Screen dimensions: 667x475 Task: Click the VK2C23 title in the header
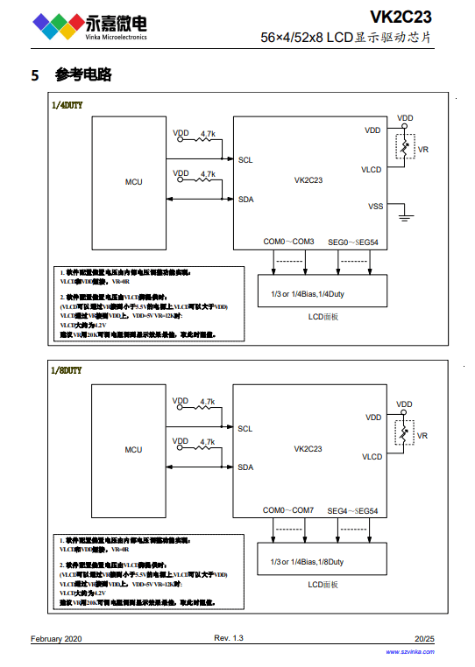[x=401, y=16]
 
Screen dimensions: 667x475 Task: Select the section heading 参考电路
[x=83, y=75]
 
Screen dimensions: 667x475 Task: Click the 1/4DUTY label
[x=67, y=104]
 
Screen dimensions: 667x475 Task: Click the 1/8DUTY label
[x=67, y=371]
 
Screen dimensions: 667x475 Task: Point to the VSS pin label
[x=375, y=206]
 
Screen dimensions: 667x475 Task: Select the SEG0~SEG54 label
[x=353, y=242]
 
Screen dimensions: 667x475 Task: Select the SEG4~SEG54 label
[x=353, y=510]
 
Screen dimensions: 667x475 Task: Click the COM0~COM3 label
[x=288, y=242]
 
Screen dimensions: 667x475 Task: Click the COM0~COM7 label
[x=288, y=510]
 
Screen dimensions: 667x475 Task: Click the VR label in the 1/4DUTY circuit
[x=422, y=151]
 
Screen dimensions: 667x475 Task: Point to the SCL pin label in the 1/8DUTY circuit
[x=245, y=429]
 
